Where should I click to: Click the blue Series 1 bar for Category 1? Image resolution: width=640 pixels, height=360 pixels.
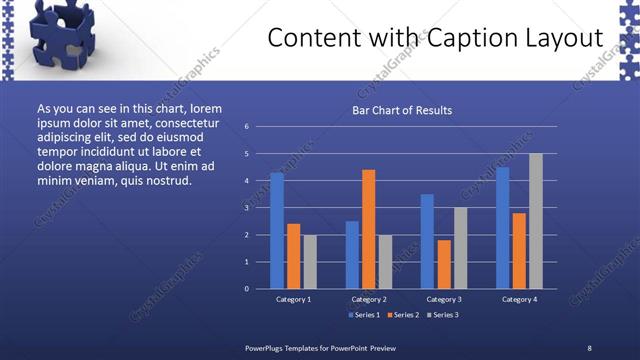click(x=277, y=231)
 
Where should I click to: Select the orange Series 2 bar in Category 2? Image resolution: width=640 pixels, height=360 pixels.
click(x=368, y=229)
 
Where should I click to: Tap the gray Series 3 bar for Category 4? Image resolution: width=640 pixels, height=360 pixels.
click(x=536, y=221)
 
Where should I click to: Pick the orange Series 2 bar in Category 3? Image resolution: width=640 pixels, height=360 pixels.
click(x=444, y=264)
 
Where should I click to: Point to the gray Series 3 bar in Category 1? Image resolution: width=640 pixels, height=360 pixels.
click(x=310, y=262)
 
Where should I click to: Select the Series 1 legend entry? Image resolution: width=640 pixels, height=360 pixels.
click(x=363, y=316)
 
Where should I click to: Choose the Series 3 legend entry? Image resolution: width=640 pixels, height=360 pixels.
click(x=443, y=316)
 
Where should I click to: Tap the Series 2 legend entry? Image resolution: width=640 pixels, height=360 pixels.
click(x=403, y=316)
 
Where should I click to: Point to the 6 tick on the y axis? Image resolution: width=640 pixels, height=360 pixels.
click(x=246, y=127)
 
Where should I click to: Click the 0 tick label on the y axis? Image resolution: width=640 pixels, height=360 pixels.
click(x=246, y=289)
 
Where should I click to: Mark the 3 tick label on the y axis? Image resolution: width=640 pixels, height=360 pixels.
click(x=246, y=208)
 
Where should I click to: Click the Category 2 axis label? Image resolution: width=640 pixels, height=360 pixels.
click(x=368, y=299)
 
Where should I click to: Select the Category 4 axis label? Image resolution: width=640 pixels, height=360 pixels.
click(x=519, y=299)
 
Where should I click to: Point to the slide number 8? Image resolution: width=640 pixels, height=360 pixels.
click(x=589, y=347)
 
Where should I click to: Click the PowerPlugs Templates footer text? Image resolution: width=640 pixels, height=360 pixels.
click(x=321, y=347)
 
